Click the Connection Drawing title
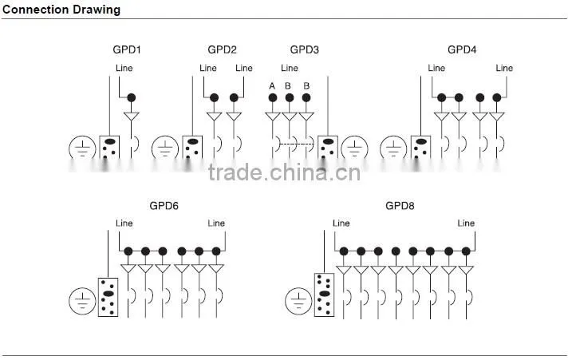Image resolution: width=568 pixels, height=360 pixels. pos(61,10)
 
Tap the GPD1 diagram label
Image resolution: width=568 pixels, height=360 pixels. pos(127,49)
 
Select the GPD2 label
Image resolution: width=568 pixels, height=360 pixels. pos(222,49)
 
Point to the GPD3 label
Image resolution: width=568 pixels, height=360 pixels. pos(305,49)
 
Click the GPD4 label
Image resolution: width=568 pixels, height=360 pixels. pos(462,49)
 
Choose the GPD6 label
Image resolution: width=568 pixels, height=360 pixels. pos(164,206)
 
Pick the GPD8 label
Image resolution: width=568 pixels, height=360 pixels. pos(400,206)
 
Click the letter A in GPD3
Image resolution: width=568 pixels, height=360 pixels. pos(272,86)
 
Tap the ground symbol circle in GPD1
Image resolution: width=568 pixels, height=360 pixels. pos(69,148)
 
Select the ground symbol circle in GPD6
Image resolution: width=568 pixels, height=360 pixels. pos(69,301)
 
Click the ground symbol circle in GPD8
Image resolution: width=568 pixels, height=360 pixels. pos(286,301)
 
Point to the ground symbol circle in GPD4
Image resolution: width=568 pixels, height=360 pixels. pos(381,148)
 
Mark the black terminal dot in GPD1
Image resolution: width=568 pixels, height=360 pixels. pos(132,97)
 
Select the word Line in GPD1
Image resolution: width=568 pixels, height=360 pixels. pos(124,68)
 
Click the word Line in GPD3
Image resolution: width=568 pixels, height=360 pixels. pos(290,68)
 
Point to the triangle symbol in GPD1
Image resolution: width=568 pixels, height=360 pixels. pos(132,117)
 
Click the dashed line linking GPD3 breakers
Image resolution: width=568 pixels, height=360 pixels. pos(295,144)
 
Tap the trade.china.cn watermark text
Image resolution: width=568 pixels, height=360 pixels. pos(285,172)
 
